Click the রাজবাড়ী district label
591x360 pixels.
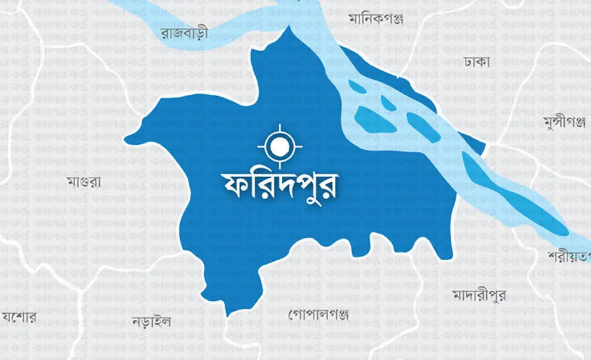tap(184, 32)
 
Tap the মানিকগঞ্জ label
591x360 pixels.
tap(376, 18)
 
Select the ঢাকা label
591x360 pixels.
tap(477, 61)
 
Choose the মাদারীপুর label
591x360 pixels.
tap(479, 294)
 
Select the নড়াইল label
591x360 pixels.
tap(151, 322)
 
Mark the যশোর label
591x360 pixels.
tap(19, 317)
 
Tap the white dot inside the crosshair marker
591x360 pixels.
tap(280, 147)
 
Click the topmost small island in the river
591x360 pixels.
tap(357, 87)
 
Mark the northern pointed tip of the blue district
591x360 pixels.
tap(288, 28)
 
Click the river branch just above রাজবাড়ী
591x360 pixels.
tap(187, 16)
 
